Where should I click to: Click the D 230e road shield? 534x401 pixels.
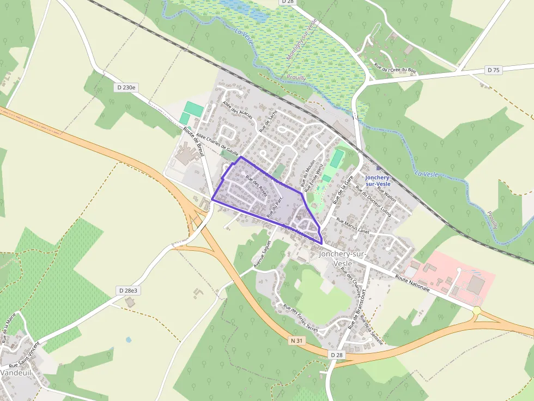[x=126, y=87]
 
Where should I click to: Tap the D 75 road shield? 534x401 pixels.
[x=493, y=70]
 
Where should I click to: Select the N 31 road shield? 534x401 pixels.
[x=296, y=341]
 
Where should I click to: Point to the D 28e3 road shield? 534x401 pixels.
[x=129, y=291]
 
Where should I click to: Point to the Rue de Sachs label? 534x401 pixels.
[x=268, y=121]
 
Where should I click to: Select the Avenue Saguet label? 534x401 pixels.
[x=262, y=254]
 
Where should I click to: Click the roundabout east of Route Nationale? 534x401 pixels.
[x=477, y=311]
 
